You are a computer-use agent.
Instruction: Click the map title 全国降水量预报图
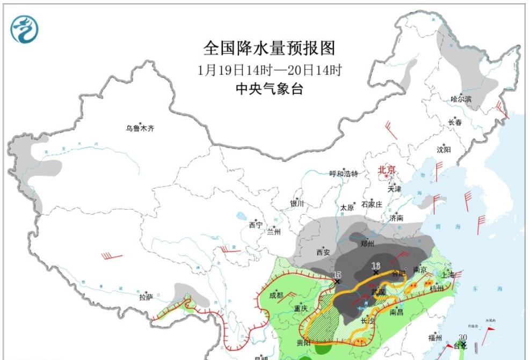pyautogui.click(x=268, y=48)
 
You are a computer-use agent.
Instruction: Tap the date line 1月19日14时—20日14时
pyautogui.click(x=269, y=70)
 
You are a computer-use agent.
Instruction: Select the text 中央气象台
pyautogui.click(x=269, y=89)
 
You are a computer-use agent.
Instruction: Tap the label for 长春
pyautogui.click(x=455, y=122)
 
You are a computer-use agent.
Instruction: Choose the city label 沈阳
pyautogui.click(x=444, y=150)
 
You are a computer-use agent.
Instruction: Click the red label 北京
pyautogui.click(x=387, y=170)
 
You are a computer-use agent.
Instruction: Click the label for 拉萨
pyautogui.click(x=146, y=297)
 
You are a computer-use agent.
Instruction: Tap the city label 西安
pyautogui.click(x=323, y=252)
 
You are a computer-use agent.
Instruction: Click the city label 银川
pyautogui.click(x=297, y=203)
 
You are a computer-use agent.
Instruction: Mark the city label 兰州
pyautogui.click(x=273, y=232)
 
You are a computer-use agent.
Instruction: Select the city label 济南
pyautogui.click(x=396, y=218)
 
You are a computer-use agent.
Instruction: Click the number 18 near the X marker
pyautogui.click(x=376, y=266)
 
